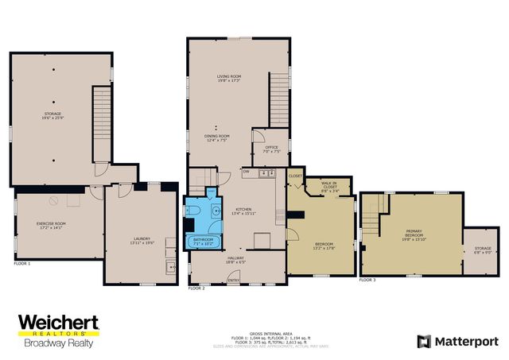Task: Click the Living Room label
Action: [229, 78]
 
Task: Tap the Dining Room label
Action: [217, 138]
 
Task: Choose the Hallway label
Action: [235, 260]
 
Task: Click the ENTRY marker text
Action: [235, 281]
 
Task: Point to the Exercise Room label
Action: [51, 226]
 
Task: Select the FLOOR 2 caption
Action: [196, 288]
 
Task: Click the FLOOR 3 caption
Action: [367, 280]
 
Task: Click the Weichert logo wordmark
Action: [58, 323]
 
